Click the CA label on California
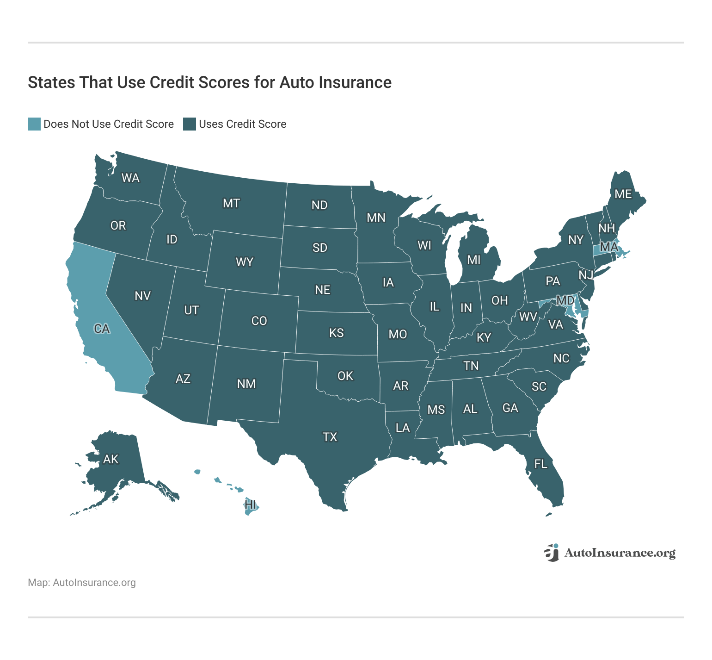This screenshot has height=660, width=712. (x=102, y=329)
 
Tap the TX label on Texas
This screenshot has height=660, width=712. (x=330, y=437)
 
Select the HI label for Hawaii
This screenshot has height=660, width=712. (x=250, y=504)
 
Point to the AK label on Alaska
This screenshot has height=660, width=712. (x=111, y=459)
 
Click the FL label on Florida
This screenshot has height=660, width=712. (x=540, y=464)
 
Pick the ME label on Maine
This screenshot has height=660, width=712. (x=623, y=194)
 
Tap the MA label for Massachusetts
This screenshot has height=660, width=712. (x=609, y=247)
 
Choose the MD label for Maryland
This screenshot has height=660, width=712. (x=565, y=301)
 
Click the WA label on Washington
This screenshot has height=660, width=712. (x=130, y=178)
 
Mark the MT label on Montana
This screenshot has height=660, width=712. (x=231, y=203)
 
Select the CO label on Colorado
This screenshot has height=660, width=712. (x=259, y=321)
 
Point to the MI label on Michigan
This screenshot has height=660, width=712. (x=474, y=260)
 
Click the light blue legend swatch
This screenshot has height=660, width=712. (x=34, y=124)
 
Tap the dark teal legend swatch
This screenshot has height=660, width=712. (x=190, y=124)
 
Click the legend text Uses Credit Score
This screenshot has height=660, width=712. (x=242, y=124)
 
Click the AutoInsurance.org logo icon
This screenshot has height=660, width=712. (x=552, y=553)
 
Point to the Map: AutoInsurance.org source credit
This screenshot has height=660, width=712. (x=82, y=583)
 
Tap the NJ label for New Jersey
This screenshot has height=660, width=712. (x=586, y=275)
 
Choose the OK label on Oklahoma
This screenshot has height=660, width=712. (x=345, y=376)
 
